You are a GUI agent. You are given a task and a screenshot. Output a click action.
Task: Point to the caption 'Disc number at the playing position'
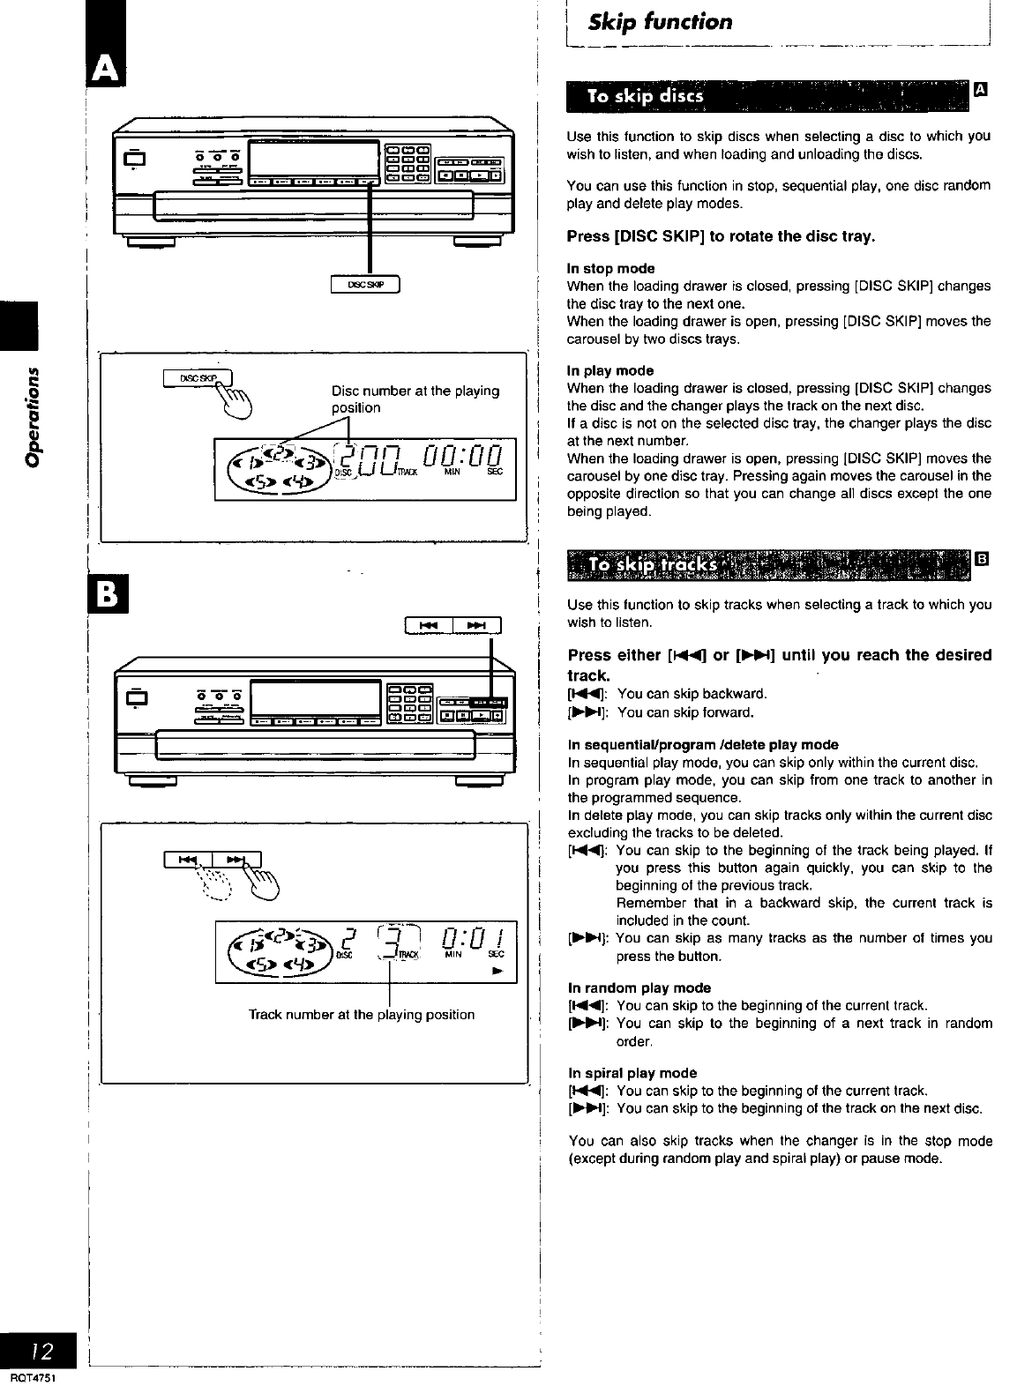pyautogui.click(x=415, y=399)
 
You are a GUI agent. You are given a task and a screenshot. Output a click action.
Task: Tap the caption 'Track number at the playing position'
pyautogui.click(x=362, y=1014)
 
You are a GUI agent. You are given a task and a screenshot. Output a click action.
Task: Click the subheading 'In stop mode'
pyautogui.click(x=611, y=268)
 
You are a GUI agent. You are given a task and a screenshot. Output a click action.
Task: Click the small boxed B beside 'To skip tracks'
pyautogui.click(x=982, y=558)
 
